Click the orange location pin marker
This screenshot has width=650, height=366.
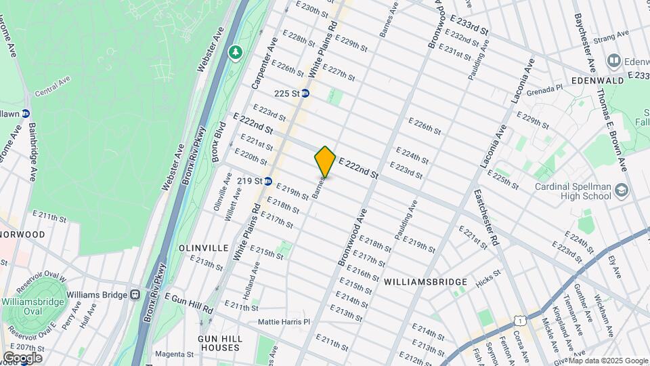coord(325,161)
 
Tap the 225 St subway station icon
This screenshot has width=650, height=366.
coord(305,94)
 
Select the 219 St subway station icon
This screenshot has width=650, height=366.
coord(268,181)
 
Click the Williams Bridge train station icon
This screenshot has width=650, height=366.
coord(135,295)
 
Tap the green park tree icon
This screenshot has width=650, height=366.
coord(236,52)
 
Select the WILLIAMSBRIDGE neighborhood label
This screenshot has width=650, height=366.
coord(425,281)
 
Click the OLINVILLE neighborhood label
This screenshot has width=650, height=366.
coord(203,248)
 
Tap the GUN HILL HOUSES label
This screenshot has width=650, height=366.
coord(219,342)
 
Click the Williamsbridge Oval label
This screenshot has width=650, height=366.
coord(33,306)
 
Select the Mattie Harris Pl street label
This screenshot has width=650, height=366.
coord(284,322)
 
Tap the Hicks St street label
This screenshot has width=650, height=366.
coord(487,274)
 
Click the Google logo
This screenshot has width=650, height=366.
coord(22,358)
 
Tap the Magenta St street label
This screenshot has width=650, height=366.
coord(175,354)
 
